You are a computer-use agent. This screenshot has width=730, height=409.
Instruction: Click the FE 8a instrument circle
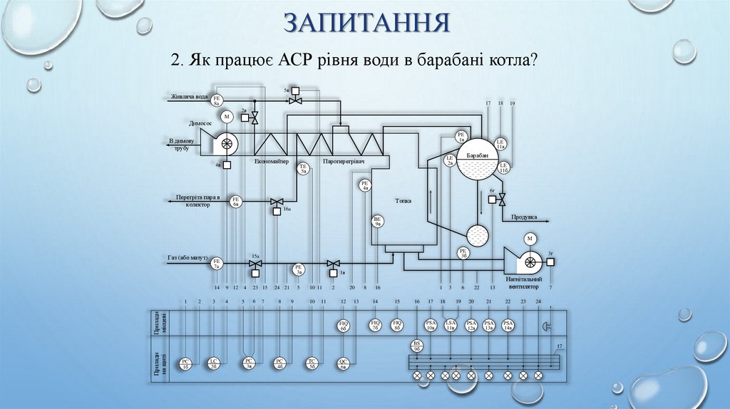click(x=218, y=100)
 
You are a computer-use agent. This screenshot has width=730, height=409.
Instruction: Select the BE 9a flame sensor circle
click(x=378, y=222)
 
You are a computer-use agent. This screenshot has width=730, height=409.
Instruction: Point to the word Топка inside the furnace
click(x=403, y=201)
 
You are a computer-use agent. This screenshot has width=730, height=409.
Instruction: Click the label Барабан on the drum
click(x=478, y=155)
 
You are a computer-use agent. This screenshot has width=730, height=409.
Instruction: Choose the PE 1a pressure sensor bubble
click(x=461, y=138)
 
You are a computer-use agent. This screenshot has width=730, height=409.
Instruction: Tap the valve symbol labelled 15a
click(x=255, y=264)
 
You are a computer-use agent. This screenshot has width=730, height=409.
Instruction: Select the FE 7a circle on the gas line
click(x=217, y=264)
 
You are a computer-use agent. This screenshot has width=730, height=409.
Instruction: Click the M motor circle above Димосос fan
click(x=227, y=116)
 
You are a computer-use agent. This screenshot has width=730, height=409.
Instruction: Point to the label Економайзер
click(x=272, y=162)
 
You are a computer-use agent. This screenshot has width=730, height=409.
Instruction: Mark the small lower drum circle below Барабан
click(x=476, y=235)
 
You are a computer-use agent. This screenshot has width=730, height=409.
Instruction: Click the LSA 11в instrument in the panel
click(x=451, y=326)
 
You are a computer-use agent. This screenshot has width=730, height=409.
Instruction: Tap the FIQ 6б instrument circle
click(x=343, y=326)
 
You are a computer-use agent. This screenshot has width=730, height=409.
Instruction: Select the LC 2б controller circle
click(x=212, y=363)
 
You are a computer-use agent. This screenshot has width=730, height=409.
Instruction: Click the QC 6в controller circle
click(x=343, y=363)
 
